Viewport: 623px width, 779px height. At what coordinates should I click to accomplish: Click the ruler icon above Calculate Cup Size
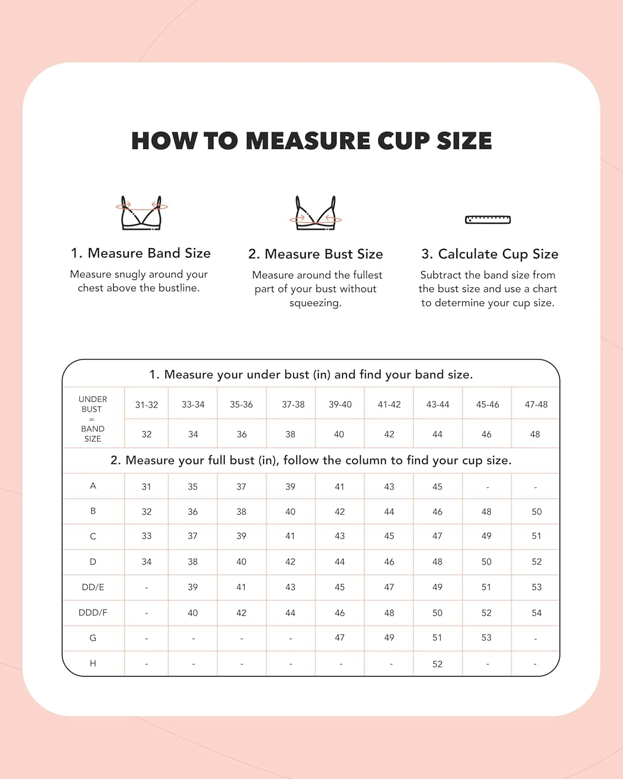pos(487,220)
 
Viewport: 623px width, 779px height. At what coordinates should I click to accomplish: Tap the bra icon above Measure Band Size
pos(141,213)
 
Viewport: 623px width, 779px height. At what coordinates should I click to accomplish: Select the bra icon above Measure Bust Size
pos(315,213)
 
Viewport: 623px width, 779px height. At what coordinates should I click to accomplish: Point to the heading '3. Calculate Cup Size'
pos(490,254)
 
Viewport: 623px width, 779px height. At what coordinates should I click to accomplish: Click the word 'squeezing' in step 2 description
pos(315,303)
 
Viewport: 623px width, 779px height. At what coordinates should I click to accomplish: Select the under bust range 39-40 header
pos(340,405)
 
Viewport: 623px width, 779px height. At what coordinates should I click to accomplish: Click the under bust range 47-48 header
pos(536,405)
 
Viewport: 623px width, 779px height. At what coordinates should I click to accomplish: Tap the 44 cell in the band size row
pos(437,434)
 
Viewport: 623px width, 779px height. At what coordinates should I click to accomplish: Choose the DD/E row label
pos(93,587)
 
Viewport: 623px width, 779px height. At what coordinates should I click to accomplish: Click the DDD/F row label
pos(93,613)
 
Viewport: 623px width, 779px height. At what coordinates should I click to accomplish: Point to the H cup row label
pos(93,664)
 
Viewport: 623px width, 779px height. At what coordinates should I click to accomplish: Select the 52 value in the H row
pos(437,664)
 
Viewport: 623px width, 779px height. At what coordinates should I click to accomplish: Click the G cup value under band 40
pos(340,638)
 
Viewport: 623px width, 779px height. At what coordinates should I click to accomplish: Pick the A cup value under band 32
pos(146,487)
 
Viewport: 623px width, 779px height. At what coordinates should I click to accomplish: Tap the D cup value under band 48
pos(536,562)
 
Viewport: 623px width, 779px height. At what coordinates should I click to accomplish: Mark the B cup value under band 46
pos(486,512)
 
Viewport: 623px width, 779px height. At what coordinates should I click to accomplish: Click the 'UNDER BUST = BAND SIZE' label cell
pos(93,419)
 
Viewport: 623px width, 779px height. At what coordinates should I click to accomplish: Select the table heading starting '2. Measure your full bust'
pos(310,461)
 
